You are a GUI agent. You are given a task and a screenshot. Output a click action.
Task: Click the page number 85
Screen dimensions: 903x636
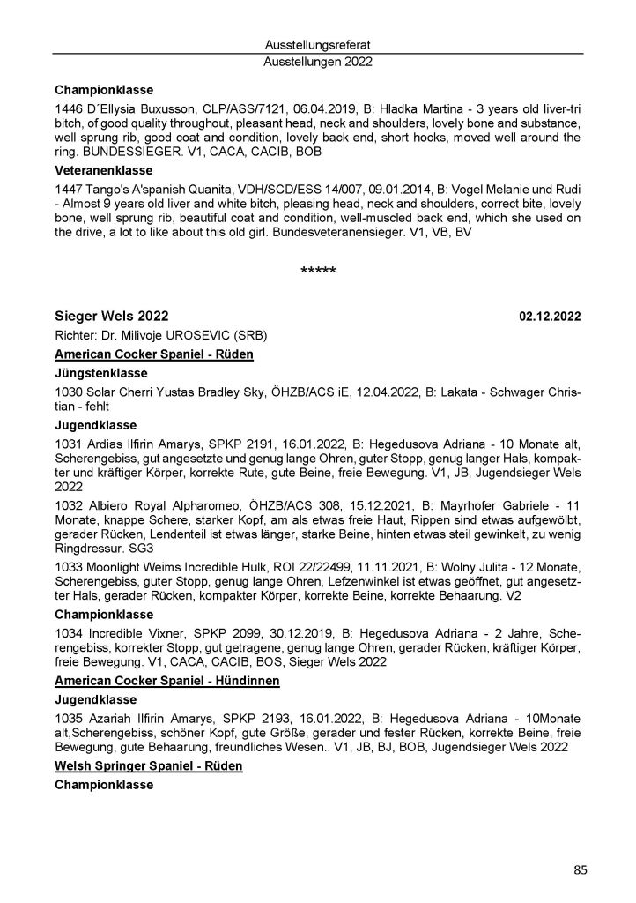pos(580,870)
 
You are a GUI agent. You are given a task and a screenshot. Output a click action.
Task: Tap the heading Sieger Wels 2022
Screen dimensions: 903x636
pos(112,317)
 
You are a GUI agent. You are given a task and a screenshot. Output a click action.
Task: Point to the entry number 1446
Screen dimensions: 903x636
pos(69,108)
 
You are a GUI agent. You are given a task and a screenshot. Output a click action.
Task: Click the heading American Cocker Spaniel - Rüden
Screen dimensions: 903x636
pos(154,354)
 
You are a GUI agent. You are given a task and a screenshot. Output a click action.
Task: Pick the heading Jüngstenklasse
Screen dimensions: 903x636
pos(100,373)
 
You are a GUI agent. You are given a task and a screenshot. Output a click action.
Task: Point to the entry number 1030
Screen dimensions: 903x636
pos(69,391)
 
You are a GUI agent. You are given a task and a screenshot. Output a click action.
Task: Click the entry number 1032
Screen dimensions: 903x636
pos(69,497)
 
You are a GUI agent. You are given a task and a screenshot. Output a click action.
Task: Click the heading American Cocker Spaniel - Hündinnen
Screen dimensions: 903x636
pos(167,683)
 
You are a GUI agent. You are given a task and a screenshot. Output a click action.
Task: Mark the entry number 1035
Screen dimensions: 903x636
pos(69,720)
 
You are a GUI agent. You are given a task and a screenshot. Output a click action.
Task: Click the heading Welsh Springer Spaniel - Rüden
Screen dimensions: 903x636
pos(148,767)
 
